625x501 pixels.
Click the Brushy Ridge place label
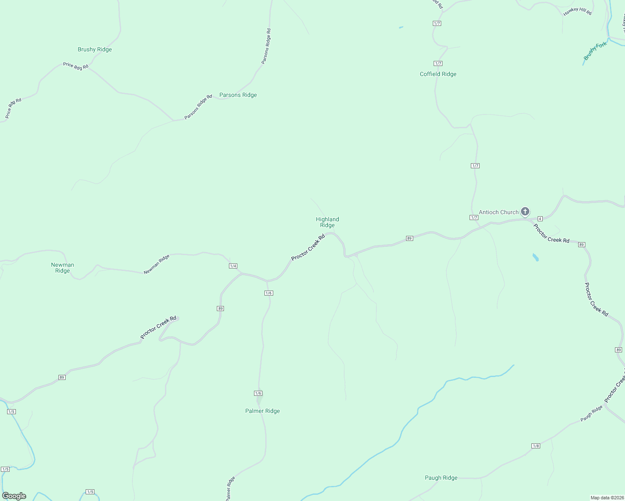tap(95, 49)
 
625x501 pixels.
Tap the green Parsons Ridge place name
tap(238, 95)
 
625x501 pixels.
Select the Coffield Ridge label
tap(438, 74)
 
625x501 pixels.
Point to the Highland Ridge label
tap(328, 222)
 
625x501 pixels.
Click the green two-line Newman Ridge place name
tap(63, 268)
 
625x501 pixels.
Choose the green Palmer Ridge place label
tap(262, 411)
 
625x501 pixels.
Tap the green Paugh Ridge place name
tap(441, 478)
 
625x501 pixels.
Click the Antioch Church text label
tap(498, 212)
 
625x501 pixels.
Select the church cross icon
tap(525, 212)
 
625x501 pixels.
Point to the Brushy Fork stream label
tap(595, 51)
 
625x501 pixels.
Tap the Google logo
tap(14, 496)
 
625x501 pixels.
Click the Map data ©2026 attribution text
tap(607, 498)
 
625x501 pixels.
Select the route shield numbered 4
tap(540, 219)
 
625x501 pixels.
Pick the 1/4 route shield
tap(233, 266)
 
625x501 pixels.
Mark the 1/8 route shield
tap(536, 446)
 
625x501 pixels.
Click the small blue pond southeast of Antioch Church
tap(536, 257)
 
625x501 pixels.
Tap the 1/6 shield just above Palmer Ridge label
tap(258, 393)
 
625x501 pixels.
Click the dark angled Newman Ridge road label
tap(157, 264)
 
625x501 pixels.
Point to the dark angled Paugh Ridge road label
tap(592, 413)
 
